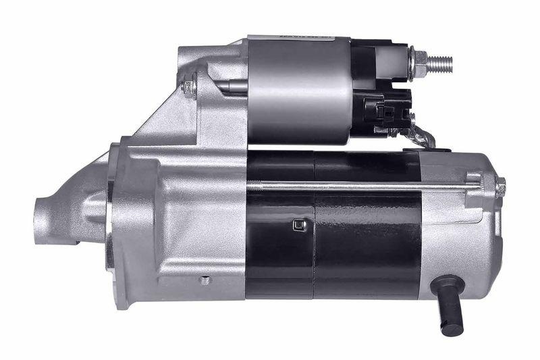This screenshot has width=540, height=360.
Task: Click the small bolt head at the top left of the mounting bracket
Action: click(190, 86)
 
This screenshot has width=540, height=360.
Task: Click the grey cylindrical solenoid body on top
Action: click(297, 88)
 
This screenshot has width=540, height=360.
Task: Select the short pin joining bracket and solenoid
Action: click(233, 86)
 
